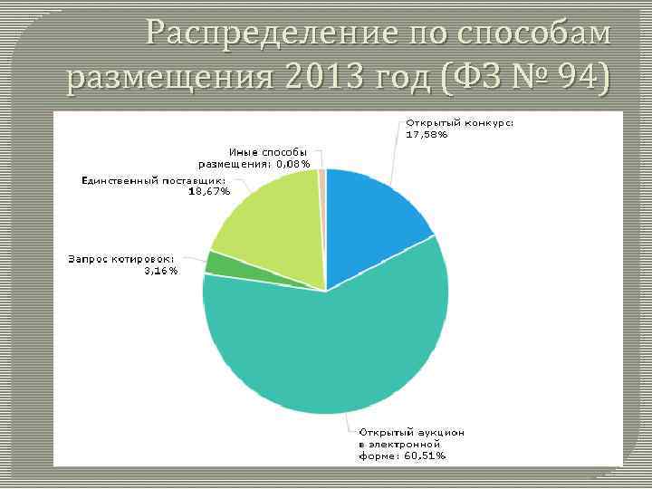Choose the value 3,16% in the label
tap(161, 270)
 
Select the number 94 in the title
tap(575, 79)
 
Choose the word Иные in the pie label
tap(243, 152)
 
